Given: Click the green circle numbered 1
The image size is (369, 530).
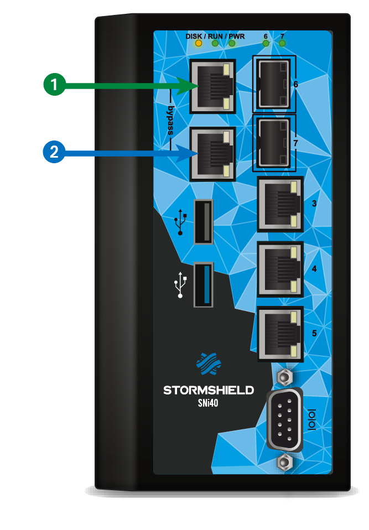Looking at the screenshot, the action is click(54, 84).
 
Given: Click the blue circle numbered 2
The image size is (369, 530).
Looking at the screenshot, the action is click(54, 152).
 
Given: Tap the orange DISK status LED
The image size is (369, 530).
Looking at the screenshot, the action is click(199, 43).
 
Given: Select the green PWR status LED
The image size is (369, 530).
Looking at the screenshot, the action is click(232, 43).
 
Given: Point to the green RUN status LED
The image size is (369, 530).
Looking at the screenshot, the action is click(215, 43).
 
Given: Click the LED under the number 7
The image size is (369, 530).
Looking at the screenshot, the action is click(282, 43).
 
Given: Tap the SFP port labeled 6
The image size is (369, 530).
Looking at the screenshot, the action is click(273, 84).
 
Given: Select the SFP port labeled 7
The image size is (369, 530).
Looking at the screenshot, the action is click(273, 143).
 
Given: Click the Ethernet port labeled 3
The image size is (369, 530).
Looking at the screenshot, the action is click(280, 204).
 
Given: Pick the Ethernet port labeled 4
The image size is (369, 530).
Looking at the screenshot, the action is click(280, 269).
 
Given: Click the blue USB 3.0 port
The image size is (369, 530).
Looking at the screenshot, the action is click(204, 284).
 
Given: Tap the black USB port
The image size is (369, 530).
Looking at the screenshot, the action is click(204, 222).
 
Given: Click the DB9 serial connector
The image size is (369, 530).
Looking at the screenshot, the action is click(284, 419).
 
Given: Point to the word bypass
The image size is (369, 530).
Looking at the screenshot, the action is click(171, 121).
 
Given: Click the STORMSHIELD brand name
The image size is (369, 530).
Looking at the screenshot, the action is click(209, 391).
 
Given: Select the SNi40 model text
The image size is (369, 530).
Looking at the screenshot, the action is click(208, 403).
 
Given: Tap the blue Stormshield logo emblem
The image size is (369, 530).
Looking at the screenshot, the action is click(209, 364).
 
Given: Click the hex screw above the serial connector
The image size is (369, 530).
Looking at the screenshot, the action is click(284, 376).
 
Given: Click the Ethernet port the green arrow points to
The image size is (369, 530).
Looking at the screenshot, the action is click(212, 86).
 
